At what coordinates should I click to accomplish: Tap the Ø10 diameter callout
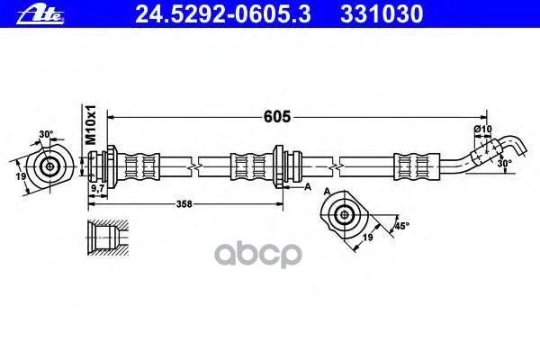coord(482,131)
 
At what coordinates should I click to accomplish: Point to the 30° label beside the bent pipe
coord(505,164)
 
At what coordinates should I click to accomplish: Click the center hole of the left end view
coord(47,166)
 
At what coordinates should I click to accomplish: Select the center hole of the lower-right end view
coord(344,214)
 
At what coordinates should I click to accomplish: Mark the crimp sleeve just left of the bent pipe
coord(411,166)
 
